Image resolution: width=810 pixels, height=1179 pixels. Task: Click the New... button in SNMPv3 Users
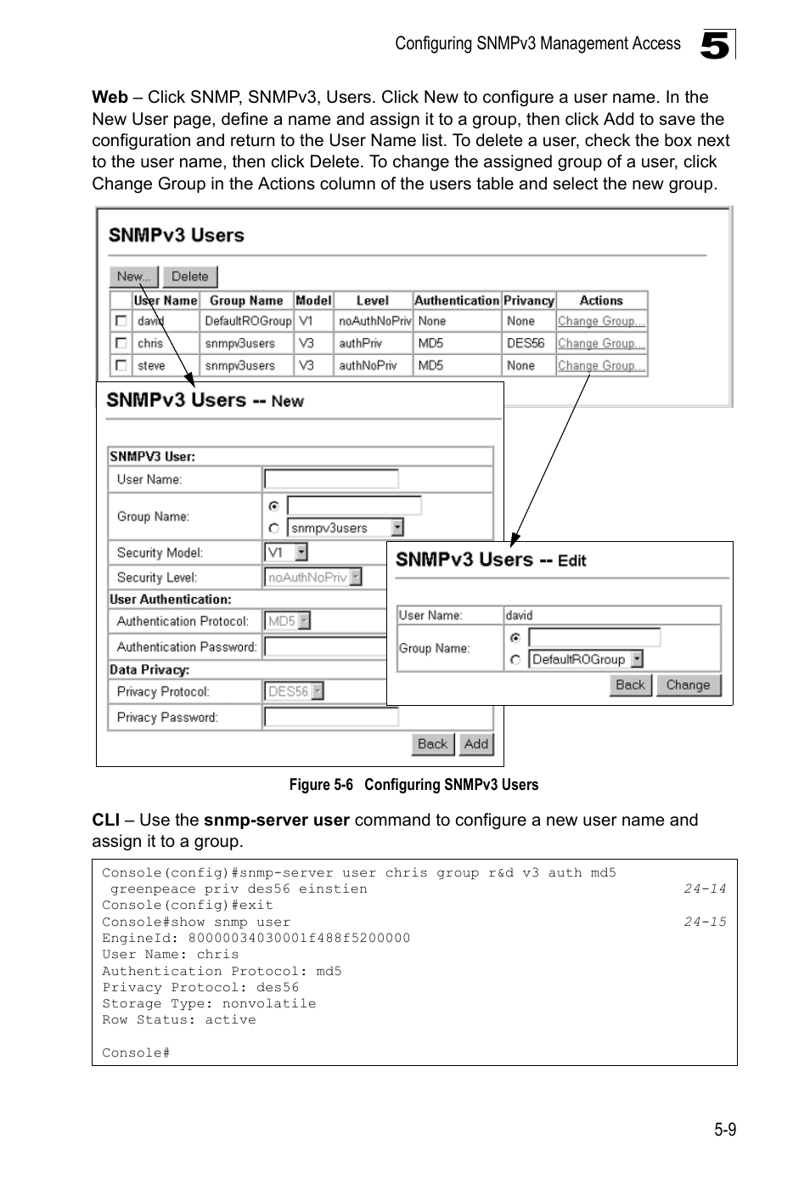coord(134,277)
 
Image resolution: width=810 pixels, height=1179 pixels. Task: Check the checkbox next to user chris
coord(121,343)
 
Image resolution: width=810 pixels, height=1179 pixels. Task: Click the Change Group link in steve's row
coord(601,366)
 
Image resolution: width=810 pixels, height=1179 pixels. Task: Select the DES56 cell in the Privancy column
coord(526,343)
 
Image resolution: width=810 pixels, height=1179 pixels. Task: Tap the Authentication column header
coord(456,301)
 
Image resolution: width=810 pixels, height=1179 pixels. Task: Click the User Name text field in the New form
coord(331,479)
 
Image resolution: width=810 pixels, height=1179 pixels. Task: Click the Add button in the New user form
coord(476,744)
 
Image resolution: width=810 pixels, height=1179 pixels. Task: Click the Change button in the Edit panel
coord(688,685)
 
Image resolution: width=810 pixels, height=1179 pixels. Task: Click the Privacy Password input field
coord(331,718)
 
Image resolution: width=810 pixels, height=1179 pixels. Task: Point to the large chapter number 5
coord(715,44)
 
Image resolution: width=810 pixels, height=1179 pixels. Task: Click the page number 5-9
coord(725,1130)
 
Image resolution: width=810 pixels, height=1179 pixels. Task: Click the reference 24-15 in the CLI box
coord(706,922)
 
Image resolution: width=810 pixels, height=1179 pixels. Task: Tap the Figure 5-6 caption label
coord(413,785)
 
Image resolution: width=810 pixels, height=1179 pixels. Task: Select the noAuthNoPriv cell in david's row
coord(374,321)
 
